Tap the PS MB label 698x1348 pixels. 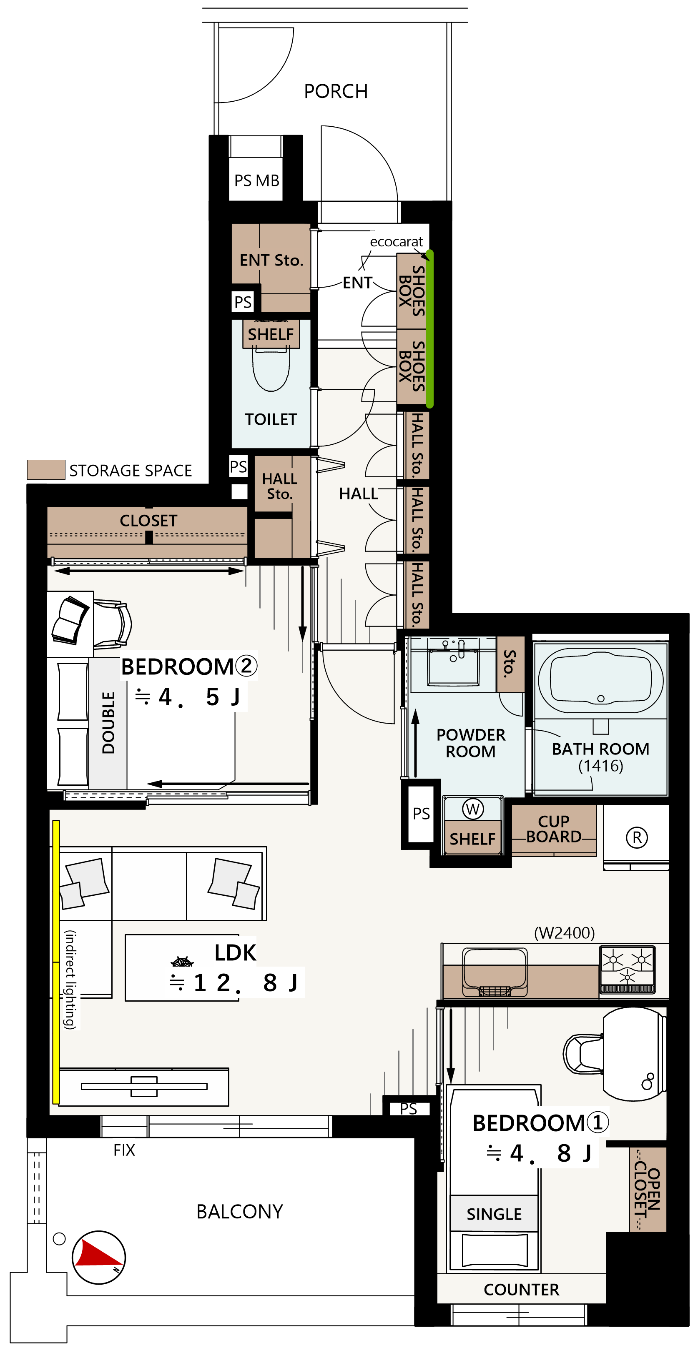256,180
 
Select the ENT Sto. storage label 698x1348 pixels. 272,260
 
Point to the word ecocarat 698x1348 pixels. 397,242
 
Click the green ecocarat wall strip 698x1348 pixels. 429,328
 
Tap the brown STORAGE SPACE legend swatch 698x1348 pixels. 46,469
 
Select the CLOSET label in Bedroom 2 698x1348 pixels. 149,521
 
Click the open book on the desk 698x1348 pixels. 70,620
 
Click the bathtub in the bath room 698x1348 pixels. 600,681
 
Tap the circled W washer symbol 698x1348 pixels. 473,809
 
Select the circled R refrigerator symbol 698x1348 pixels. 637,837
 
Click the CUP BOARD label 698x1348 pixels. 554,829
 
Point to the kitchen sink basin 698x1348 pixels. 494,972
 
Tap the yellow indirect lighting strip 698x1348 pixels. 56,962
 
